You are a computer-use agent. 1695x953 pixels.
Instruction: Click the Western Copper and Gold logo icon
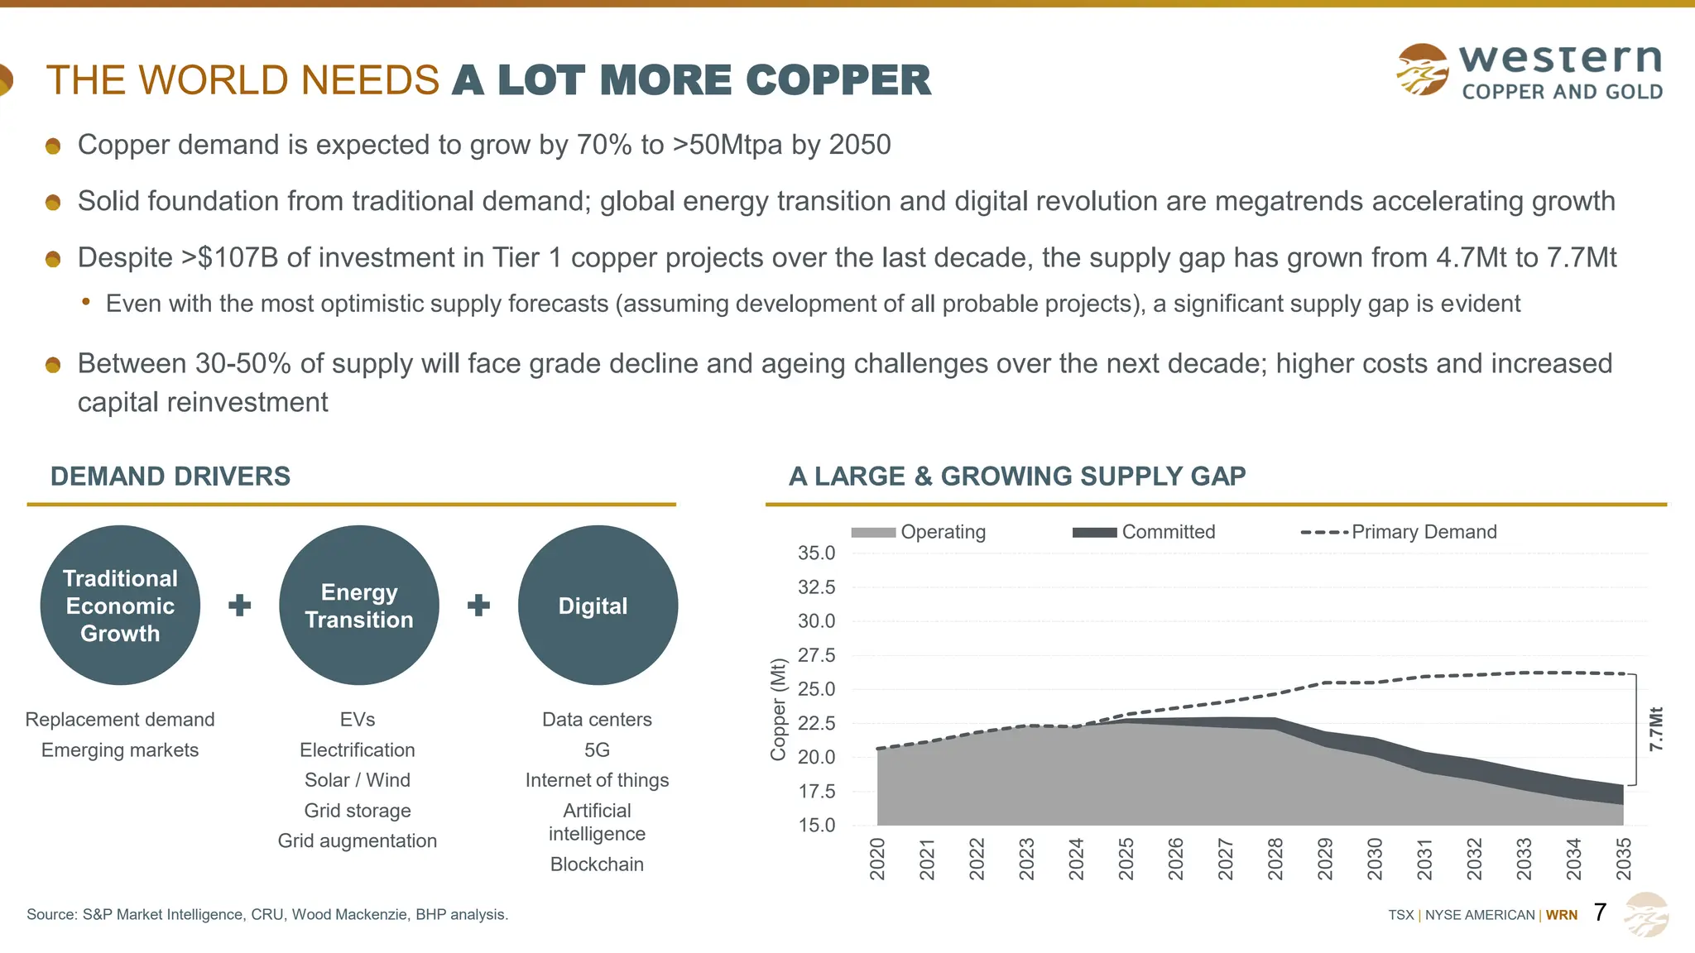pyautogui.click(x=1422, y=69)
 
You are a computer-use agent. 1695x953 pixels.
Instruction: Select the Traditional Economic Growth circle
pyautogui.click(x=120, y=606)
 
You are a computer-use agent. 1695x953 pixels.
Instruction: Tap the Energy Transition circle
pyautogui.click(x=359, y=606)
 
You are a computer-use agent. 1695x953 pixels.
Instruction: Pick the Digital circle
pyautogui.click(x=598, y=606)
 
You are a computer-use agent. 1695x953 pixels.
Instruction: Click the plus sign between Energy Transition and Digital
pyautogui.click(x=478, y=606)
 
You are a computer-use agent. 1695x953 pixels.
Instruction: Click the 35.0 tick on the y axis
pyautogui.click(x=816, y=553)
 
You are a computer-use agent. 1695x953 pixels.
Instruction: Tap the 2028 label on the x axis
pyautogui.click(x=1275, y=859)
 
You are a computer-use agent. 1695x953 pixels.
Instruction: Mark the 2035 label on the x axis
pyautogui.click(x=1624, y=859)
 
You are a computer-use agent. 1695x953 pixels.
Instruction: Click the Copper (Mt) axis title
pyautogui.click(x=777, y=709)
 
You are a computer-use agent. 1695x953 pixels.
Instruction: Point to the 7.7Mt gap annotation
pyautogui.click(x=1655, y=729)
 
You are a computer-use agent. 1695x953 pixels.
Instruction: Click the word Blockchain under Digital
pyautogui.click(x=597, y=864)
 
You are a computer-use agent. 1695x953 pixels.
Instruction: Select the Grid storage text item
pyautogui.click(x=358, y=811)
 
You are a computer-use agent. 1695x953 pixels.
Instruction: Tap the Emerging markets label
pyautogui.click(x=120, y=750)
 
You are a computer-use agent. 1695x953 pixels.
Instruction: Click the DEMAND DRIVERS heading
pyautogui.click(x=170, y=476)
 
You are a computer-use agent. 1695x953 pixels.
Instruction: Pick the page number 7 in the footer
pyautogui.click(x=1600, y=912)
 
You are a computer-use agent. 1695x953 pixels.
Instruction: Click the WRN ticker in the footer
pyautogui.click(x=1562, y=915)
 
